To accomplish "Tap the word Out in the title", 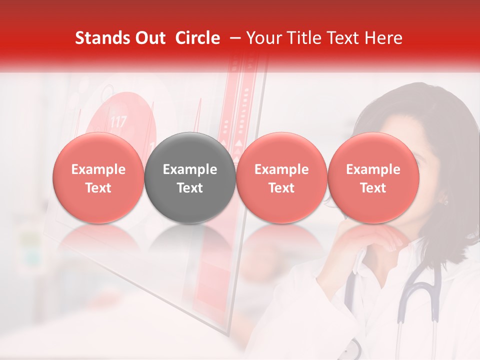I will (x=149, y=38).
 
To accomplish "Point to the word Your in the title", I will (x=263, y=38).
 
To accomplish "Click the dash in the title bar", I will (x=235, y=38).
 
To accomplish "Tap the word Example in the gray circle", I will (x=190, y=169).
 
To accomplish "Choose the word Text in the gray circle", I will (x=190, y=188).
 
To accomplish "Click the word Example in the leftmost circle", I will (x=98, y=169).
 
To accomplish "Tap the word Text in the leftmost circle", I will (x=98, y=188).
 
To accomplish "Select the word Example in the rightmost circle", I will (x=373, y=169).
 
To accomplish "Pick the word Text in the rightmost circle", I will (x=373, y=188).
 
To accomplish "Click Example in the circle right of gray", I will (x=281, y=169).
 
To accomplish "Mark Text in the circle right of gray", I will (x=281, y=188).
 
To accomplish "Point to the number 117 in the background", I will (x=118, y=121).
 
